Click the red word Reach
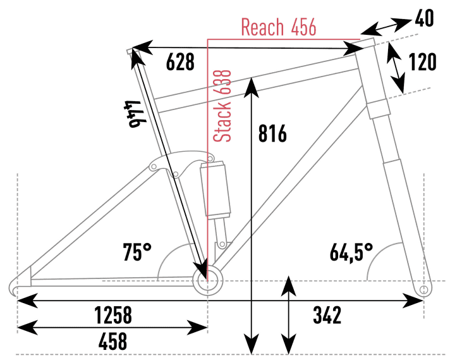coord(262,27)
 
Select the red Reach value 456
coord(303,27)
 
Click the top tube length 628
coord(180,61)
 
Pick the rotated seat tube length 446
coord(135,114)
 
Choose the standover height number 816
coord(272,133)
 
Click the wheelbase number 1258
coord(113,315)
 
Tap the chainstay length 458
coord(113,341)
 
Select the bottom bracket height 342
coord(327,315)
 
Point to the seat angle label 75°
coord(137,252)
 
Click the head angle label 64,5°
coord(351,252)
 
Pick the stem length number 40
coord(424,19)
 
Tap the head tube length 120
coord(422,62)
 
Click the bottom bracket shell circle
coord(207,280)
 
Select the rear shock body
coord(216,190)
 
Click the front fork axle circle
coord(424,290)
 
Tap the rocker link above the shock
coord(181,164)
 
